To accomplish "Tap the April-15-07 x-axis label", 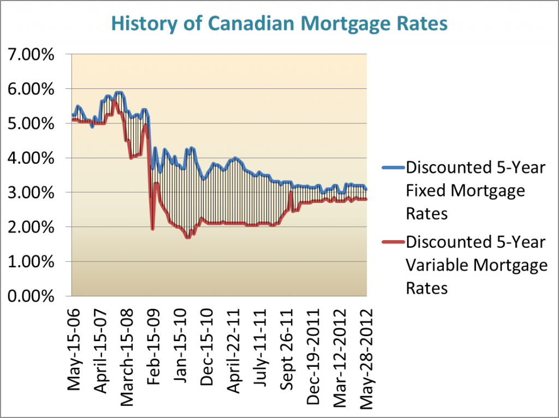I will point(101,345).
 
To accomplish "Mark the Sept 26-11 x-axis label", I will point(288,345).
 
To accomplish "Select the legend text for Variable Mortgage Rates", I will point(477,265).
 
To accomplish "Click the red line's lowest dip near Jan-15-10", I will point(188,237).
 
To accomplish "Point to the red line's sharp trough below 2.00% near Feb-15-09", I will point(152,229).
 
